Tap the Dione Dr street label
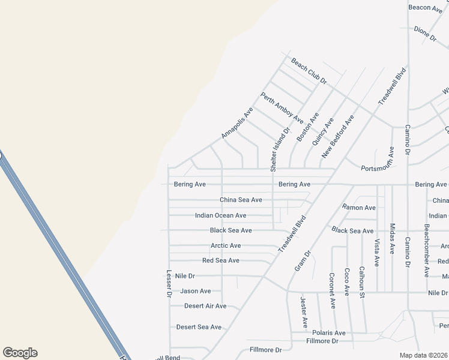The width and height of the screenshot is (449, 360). (x=426, y=33)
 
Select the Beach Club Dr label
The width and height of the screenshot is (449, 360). (x=309, y=71)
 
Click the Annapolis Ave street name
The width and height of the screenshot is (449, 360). (x=237, y=124)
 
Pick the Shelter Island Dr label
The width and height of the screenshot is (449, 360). (x=280, y=150)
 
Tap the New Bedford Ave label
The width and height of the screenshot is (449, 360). (x=337, y=137)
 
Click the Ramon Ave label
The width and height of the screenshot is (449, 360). (x=359, y=208)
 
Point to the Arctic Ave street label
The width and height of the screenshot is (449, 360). (x=226, y=245)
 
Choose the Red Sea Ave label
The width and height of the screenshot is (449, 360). (x=221, y=260)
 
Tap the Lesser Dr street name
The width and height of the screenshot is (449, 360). (x=169, y=283)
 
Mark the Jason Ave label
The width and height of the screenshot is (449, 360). (x=196, y=291)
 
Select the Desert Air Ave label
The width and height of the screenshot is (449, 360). (x=205, y=306)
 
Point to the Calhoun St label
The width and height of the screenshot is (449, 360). (x=362, y=282)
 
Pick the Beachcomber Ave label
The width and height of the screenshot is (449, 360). (x=426, y=251)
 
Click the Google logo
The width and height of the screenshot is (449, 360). (x=20, y=353)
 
